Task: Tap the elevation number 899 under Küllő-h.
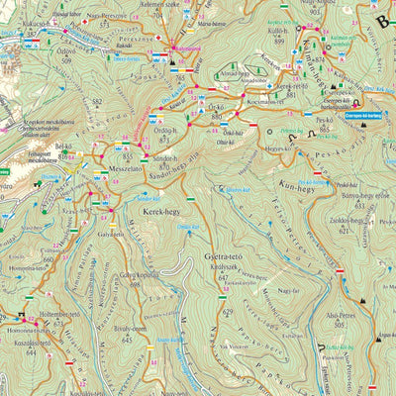coord(279,41)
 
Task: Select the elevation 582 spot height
coord(97,101)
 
